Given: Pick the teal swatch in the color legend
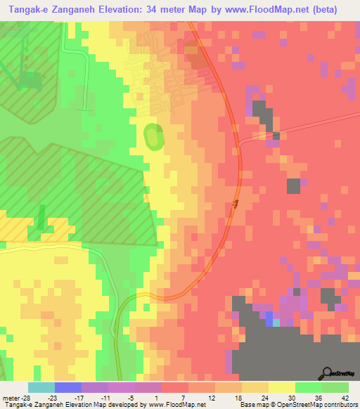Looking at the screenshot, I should (x=41, y=387).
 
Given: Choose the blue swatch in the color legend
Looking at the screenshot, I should (x=68, y=387).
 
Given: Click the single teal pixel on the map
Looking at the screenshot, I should (x=276, y=323).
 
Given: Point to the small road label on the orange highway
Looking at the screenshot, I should (x=236, y=204).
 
